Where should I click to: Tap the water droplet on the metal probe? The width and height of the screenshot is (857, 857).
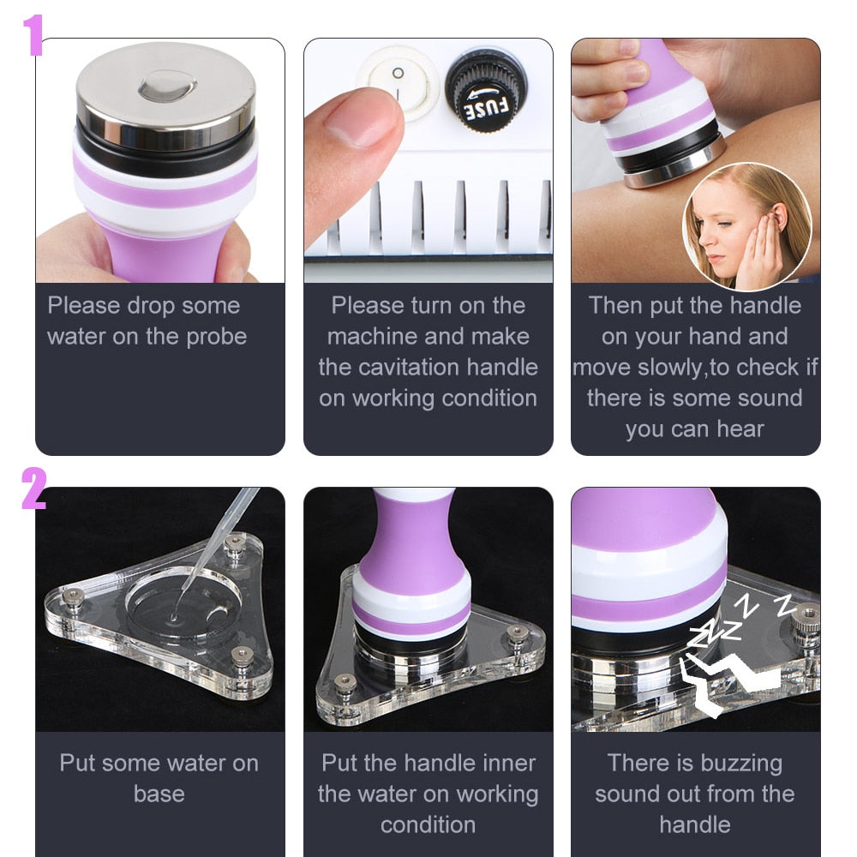[167, 84]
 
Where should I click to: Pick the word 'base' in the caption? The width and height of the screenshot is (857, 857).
[159, 794]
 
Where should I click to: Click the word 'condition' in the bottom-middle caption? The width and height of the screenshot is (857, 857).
[428, 824]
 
